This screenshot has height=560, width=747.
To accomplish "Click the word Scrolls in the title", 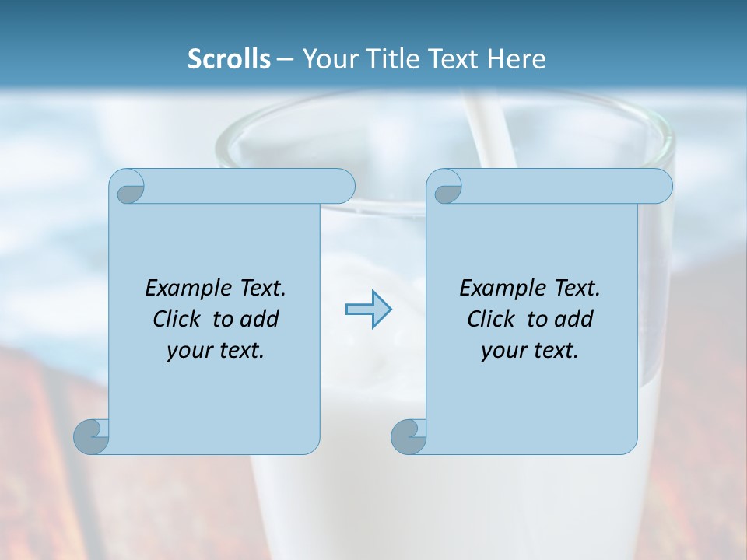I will click(x=229, y=59).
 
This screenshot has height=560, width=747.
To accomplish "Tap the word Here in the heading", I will click(x=516, y=59).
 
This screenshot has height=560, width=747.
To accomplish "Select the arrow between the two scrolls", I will click(x=368, y=310).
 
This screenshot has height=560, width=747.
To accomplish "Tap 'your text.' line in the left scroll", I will click(x=215, y=351).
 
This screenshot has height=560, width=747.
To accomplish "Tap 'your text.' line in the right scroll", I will click(x=529, y=351).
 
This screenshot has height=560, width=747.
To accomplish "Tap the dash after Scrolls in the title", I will click(x=286, y=60).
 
